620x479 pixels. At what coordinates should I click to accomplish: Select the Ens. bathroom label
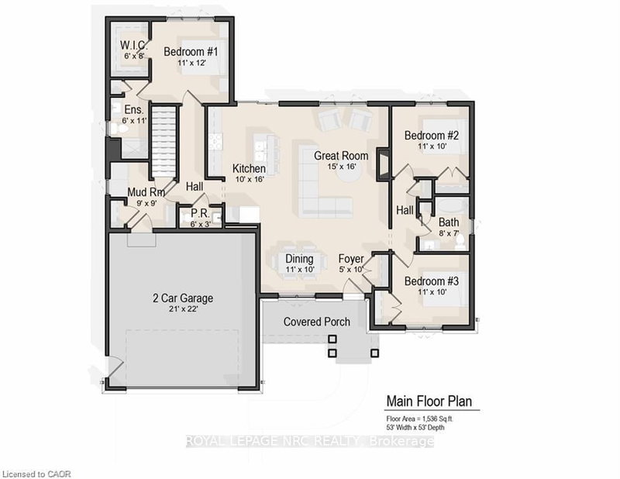(x=122, y=110)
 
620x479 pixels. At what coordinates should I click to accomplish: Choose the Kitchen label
(x=250, y=168)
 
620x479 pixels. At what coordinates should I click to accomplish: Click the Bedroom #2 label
(x=432, y=136)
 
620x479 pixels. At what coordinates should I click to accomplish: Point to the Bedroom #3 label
(x=432, y=282)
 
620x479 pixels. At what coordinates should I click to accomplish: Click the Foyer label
(x=353, y=258)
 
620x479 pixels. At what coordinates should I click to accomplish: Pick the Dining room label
(x=299, y=258)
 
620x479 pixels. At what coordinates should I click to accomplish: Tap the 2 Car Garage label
(x=181, y=297)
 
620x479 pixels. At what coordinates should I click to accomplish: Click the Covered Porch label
(x=316, y=322)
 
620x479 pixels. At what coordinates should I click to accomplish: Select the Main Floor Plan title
(x=432, y=401)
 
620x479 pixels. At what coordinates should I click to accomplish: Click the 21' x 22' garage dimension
(x=181, y=310)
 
